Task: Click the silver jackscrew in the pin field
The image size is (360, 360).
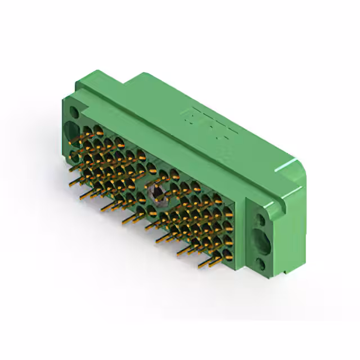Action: pos(156,193)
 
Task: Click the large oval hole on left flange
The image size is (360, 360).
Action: pos(72,131)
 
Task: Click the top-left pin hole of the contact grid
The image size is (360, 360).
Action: pos(87,131)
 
